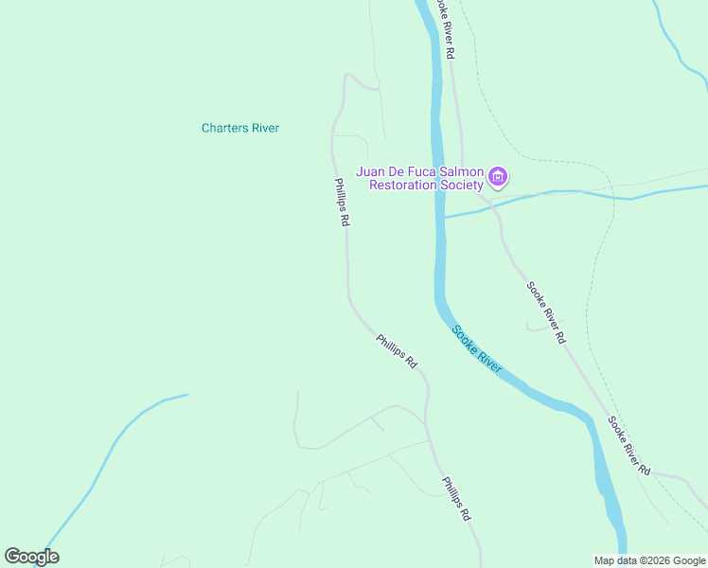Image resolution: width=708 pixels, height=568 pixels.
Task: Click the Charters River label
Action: click(x=240, y=128)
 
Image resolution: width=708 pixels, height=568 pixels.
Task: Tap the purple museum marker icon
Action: click(x=498, y=177)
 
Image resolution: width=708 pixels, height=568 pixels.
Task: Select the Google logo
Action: click(x=31, y=557)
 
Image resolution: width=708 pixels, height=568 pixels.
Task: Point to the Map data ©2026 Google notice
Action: click(x=650, y=560)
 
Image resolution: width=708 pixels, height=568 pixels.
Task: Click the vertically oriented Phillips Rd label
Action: click(x=342, y=202)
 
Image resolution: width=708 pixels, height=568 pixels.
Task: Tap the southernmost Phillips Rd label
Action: click(x=455, y=499)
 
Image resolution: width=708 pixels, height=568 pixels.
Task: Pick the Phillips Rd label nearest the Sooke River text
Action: click(x=396, y=350)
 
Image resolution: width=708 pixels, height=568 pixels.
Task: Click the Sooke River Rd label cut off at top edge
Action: click(x=449, y=28)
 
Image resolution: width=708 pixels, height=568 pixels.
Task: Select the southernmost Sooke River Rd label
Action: click(x=629, y=445)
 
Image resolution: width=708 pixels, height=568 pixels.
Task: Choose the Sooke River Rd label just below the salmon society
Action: click(x=547, y=311)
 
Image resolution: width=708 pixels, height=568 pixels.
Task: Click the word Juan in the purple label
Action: click(x=370, y=171)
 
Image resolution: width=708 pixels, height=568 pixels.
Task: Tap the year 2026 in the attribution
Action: click(x=657, y=560)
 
